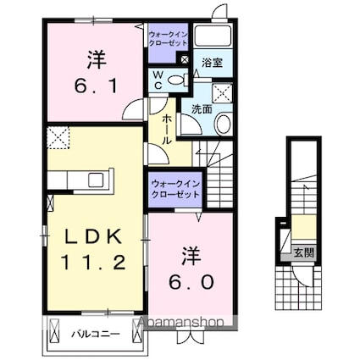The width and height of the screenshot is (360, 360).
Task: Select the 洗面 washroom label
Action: click(x=201, y=109)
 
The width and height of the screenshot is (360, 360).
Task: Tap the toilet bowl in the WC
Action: click(x=175, y=80)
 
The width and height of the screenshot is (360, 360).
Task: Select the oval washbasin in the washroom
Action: click(x=223, y=124)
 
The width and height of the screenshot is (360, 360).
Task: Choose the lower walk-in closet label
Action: click(x=175, y=189)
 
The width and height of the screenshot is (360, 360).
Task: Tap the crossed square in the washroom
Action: click(x=223, y=93)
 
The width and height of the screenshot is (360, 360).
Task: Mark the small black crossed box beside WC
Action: click(x=186, y=60)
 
